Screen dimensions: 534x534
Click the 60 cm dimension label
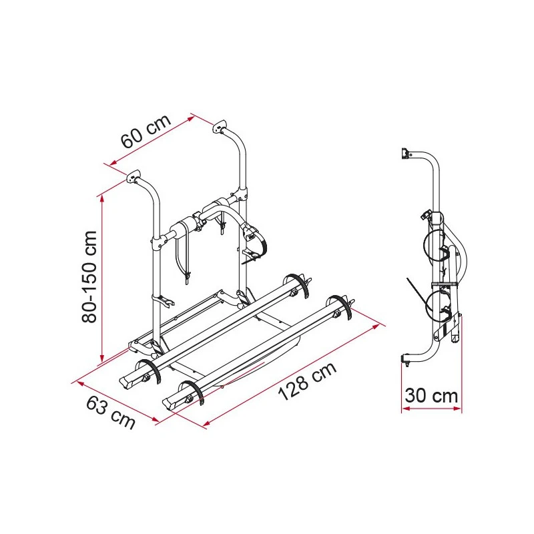point(146,131)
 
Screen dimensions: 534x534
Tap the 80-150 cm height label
point(89,276)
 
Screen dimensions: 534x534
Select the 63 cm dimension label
point(111,413)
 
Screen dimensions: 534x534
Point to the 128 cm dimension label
point(308,381)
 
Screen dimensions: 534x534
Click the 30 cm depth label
point(431,396)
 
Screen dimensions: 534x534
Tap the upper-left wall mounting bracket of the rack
point(134,176)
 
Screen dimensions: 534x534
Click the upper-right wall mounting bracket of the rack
point(220,127)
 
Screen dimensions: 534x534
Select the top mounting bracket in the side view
point(405,154)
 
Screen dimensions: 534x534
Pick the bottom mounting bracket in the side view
point(405,359)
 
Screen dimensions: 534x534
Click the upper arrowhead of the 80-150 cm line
point(101,198)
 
